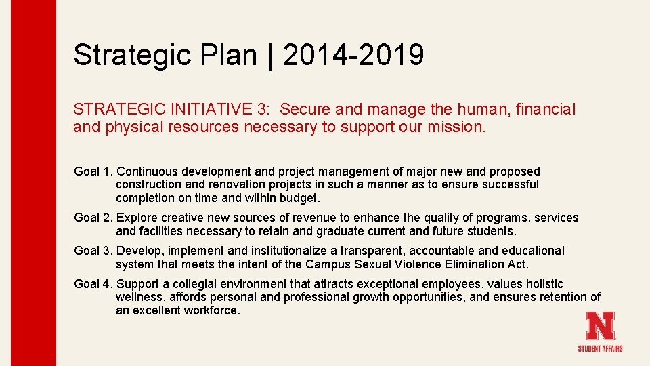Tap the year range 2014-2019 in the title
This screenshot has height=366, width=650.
[x=353, y=54]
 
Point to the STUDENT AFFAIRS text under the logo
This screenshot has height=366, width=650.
[x=600, y=348]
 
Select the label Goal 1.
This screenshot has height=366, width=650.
[x=93, y=171]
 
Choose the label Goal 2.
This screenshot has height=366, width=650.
[x=93, y=218]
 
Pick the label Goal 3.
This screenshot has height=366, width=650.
[x=93, y=251]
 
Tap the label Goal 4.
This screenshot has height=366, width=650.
[x=93, y=284]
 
